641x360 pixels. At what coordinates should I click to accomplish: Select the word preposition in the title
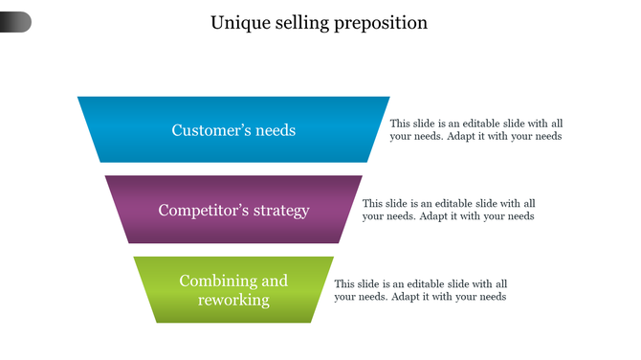point(381,23)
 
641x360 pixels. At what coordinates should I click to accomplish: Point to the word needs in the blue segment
point(276,130)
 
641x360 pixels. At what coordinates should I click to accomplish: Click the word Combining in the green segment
point(217,281)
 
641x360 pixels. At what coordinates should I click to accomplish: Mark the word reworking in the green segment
point(233,301)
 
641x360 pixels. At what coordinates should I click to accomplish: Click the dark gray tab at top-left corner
point(15,22)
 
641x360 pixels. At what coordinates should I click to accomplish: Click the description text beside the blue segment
point(475,129)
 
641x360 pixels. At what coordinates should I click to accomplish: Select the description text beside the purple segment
point(448,210)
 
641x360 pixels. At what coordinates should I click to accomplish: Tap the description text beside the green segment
point(420,290)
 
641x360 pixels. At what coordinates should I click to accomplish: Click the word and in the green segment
point(275,281)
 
